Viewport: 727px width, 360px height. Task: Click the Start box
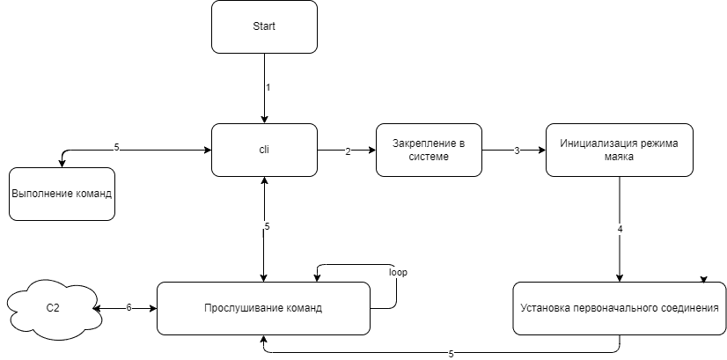(x=264, y=27)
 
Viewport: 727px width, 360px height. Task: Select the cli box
(x=264, y=150)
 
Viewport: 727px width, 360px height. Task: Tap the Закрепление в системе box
(x=429, y=150)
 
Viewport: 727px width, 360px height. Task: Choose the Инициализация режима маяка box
(x=620, y=150)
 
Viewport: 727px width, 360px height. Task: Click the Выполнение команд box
(x=62, y=194)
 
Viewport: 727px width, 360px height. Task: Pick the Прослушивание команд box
(x=263, y=308)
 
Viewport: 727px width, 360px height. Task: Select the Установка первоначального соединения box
(x=620, y=308)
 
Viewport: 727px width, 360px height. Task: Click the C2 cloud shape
(x=53, y=308)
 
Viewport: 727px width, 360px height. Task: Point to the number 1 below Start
(x=268, y=87)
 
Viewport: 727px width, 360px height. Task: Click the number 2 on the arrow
(x=348, y=151)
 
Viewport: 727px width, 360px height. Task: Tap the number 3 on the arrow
(x=517, y=151)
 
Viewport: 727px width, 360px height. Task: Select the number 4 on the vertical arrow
(x=621, y=229)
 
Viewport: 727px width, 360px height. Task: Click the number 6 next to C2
(x=129, y=307)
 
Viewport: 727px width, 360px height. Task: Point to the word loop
(x=399, y=272)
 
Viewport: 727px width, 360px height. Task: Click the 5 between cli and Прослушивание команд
(x=267, y=226)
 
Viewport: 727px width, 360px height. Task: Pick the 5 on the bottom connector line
(x=452, y=355)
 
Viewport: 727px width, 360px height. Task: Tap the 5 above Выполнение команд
(x=117, y=147)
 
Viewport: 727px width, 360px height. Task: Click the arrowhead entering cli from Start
(x=264, y=120)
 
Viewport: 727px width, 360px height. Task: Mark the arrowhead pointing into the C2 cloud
(x=97, y=308)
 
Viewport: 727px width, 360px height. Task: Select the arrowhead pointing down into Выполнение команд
(x=62, y=164)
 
